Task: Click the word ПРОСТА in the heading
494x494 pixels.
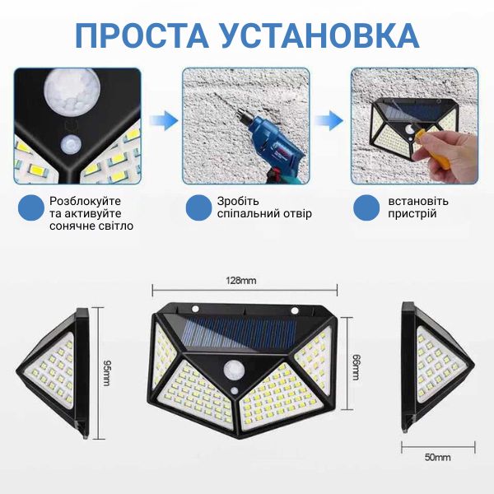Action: pyautogui.click(x=142, y=35)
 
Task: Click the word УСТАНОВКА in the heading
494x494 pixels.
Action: pyautogui.click(x=319, y=35)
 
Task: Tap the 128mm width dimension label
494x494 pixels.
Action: pyautogui.click(x=241, y=280)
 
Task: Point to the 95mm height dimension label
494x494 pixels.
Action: pyautogui.click(x=106, y=372)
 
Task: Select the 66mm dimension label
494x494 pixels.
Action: pyautogui.click(x=356, y=367)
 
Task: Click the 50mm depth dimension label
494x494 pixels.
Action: pyautogui.click(x=438, y=457)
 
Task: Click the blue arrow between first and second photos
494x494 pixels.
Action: pyautogui.click(x=164, y=120)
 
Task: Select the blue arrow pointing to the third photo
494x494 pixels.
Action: pyautogui.click(x=329, y=120)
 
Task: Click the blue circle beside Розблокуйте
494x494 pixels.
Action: pyautogui.click(x=31, y=208)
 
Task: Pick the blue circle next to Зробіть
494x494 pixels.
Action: pyautogui.click(x=198, y=208)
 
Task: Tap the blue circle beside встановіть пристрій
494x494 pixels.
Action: pyautogui.click(x=366, y=208)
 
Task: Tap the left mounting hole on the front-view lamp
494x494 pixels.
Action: pyautogui.click(x=195, y=308)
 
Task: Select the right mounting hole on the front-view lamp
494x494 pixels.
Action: pyautogui.click(x=295, y=310)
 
